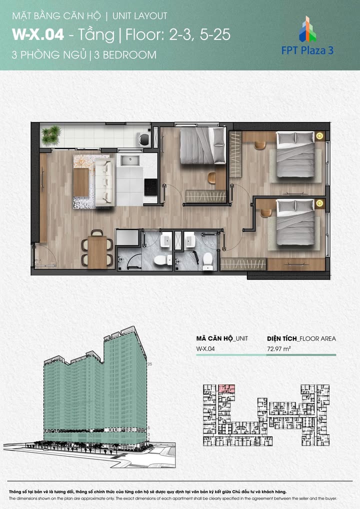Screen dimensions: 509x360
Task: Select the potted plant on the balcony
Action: pyautogui.click(x=50, y=134)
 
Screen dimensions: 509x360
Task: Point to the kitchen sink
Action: pyautogui.click(x=129, y=161)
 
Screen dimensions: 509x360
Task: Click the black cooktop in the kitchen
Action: pyautogui.click(x=150, y=188)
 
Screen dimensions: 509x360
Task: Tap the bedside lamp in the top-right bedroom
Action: pyautogui.click(x=319, y=135)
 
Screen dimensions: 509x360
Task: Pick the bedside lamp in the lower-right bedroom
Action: pyautogui.click(x=319, y=203)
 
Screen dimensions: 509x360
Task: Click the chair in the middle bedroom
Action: pyautogui.click(x=212, y=177)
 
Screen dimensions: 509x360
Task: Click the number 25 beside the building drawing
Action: pyautogui.click(x=150, y=364)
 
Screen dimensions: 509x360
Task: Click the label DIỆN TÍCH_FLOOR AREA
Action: pyautogui.click(x=301, y=338)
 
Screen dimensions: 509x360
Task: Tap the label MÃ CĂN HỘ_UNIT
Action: pyautogui.click(x=222, y=338)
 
